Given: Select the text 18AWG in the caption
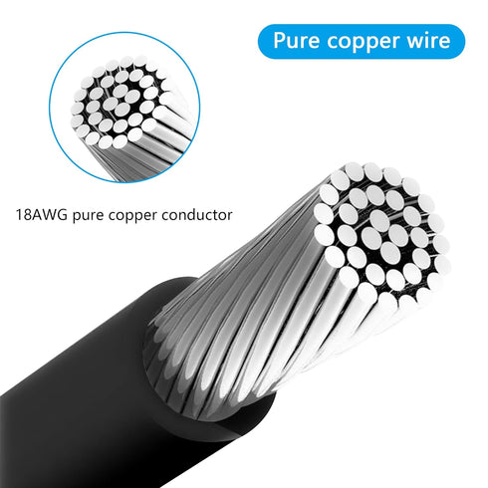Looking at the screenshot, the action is (42, 215).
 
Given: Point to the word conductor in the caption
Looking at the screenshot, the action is (197, 215).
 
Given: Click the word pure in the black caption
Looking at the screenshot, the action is (88, 216).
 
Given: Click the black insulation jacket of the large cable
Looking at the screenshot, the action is (100, 398).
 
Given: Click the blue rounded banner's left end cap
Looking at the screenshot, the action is (266, 42).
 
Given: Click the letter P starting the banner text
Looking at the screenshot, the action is (280, 41).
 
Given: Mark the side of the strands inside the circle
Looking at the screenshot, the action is (156, 146).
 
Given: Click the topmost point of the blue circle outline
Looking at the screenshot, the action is (124, 32).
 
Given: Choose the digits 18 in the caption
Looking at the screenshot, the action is (23, 215).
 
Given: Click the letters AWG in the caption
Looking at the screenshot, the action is (49, 215).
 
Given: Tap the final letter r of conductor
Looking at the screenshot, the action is (230, 217).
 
